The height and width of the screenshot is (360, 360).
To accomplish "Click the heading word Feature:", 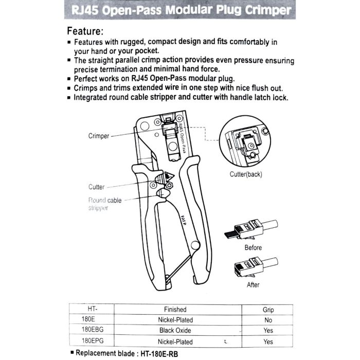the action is [x=85, y=31].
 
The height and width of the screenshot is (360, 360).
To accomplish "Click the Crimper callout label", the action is [x=99, y=136].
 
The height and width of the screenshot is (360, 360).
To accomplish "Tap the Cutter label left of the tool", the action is [x=97, y=187].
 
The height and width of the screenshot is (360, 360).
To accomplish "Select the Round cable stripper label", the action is [x=105, y=204].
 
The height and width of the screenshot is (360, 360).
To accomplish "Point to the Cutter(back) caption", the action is [x=246, y=174].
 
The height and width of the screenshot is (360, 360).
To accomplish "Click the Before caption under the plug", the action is [x=253, y=248].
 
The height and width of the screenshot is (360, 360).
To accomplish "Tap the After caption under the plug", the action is [x=253, y=285].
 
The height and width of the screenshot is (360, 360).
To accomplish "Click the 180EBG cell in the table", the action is [x=93, y=330].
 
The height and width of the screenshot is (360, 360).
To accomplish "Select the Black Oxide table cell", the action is [x=175, y=330].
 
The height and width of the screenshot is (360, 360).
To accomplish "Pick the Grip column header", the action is [x=268, y=310].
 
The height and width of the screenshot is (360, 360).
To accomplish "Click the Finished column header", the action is [x=175, y=310].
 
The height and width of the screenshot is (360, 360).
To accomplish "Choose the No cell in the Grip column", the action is [x=268, y=320].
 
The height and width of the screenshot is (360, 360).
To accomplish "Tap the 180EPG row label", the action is [x=93, y=340].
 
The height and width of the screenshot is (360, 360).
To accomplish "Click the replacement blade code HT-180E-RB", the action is [x=159, y=354].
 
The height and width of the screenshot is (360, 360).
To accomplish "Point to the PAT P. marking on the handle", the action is [x=183, y=220].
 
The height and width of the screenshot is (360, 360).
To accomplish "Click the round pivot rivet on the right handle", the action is [x=195, y=245].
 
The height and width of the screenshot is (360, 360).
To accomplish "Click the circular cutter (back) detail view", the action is [x=245, y=141].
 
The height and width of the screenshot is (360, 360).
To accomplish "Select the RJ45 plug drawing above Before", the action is [x=251, y=230].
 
